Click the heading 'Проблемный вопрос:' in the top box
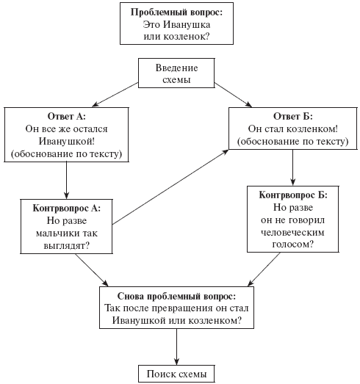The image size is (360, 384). (x=176, y=12)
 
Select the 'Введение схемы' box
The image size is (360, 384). (x=176, y=73)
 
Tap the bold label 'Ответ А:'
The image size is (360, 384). (x=67, y=116)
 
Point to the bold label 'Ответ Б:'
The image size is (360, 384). (x=293, y=116)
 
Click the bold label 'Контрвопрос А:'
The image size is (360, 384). (x=67, y=209)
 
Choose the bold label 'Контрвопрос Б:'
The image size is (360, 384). (x=293, y=195)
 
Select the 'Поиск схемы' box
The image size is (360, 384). (x=176, y=374)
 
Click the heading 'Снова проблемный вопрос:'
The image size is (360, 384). (x=176, y=296)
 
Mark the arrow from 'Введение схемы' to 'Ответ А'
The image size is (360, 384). (x=115, y=95)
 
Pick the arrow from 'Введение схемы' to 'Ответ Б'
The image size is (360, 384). (x=233, y=95)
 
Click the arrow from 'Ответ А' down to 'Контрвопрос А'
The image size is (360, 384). (x=66, y=180)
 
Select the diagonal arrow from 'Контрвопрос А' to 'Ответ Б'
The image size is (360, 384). (x=170, y=187)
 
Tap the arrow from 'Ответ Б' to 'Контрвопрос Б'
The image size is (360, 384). (x=292, y=167)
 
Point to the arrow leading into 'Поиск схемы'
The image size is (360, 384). (x=176, y=347)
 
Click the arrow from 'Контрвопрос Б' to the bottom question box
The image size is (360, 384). (x=264, y=269)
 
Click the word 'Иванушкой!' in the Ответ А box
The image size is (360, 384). (x=67, y=141)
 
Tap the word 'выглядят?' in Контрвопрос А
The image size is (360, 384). (x=67, y=246)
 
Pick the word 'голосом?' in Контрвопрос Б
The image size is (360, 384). (x=293, y=244)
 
